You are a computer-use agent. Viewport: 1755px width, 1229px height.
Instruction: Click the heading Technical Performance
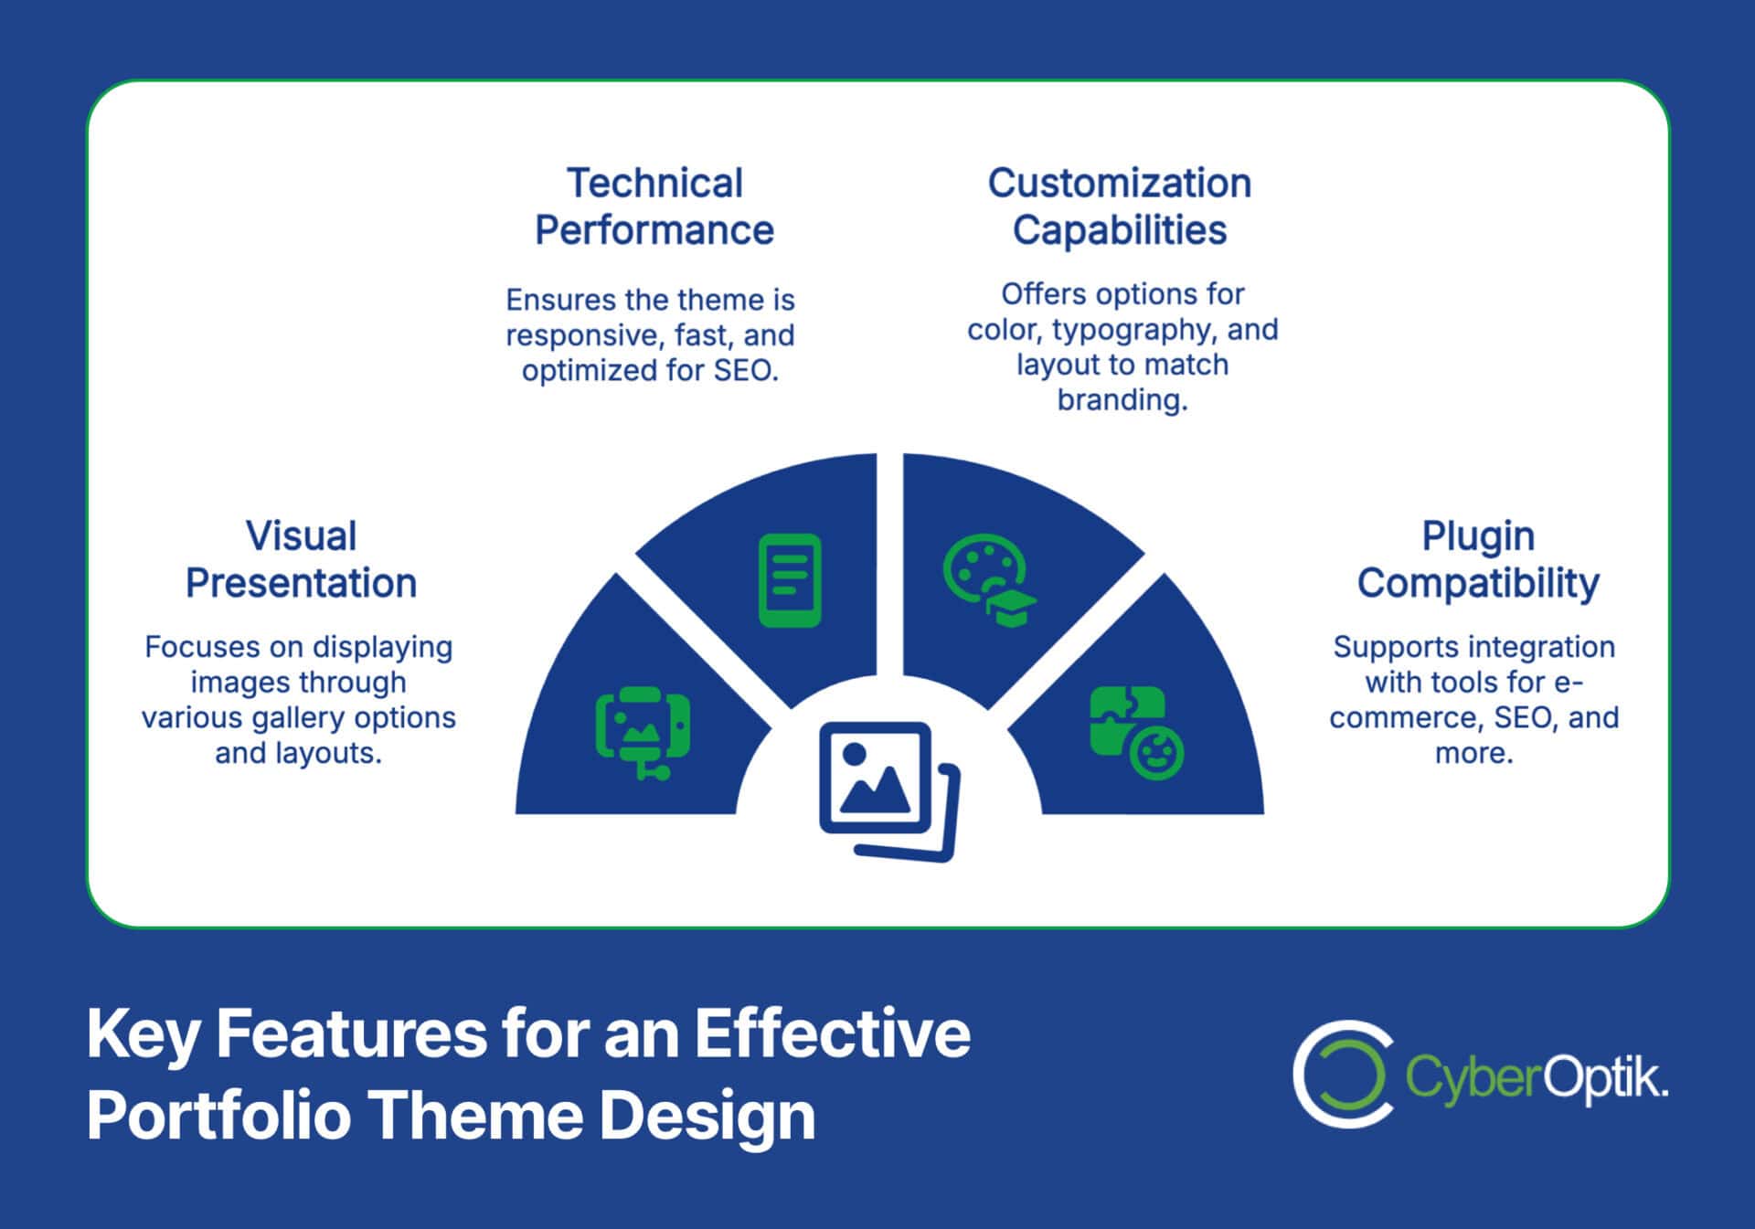coord(654,207)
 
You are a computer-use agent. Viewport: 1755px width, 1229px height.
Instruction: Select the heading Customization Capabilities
coord(1119,207)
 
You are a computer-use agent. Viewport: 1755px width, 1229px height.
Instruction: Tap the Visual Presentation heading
coord(301,559)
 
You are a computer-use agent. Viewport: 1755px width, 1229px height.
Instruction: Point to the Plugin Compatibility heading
coord(1477,559)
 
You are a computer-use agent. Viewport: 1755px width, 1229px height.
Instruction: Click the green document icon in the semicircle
coord(790,580)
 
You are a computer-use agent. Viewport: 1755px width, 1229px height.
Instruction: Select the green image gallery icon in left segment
coord(643,732)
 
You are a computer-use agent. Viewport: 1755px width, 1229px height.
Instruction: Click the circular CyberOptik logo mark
coord(1342,1074)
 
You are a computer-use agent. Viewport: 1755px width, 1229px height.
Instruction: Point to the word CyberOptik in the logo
coord(1536,1077)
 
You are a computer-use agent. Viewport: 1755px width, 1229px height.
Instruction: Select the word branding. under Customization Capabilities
coord(1122,399)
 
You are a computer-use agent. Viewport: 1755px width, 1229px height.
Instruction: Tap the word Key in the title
coord(143,1035)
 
